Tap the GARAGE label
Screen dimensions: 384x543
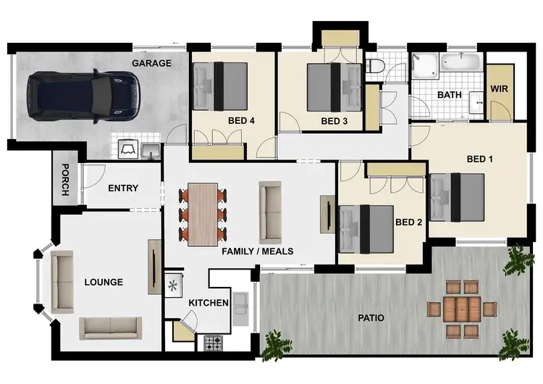pyautogui.click(x=151, y=63)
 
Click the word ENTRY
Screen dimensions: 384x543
pyautogui.click(x=123, y=188)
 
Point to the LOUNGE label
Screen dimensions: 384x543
pyautogui.click(x=104, y=282)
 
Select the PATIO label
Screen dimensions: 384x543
pyautogui.click(x=370, y=317)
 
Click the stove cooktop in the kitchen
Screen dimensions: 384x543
pyautogui.click(x=214, y=342)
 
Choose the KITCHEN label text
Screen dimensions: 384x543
pyautogui.click(x=209, y=302)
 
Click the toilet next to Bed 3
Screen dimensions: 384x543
pyautogui.click(x=375, y=67)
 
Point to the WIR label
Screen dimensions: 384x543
pyautogui.click(x=500, y=88)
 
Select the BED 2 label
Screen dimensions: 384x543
pyautogui.click(x=408, y=222)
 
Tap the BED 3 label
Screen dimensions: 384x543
pyautogui.click(x=334, y=120)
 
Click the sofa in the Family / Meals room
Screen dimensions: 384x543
pyautogui.click(x=271, y=212)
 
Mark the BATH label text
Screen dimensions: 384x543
pyautogui.click(x=450, y=95)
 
